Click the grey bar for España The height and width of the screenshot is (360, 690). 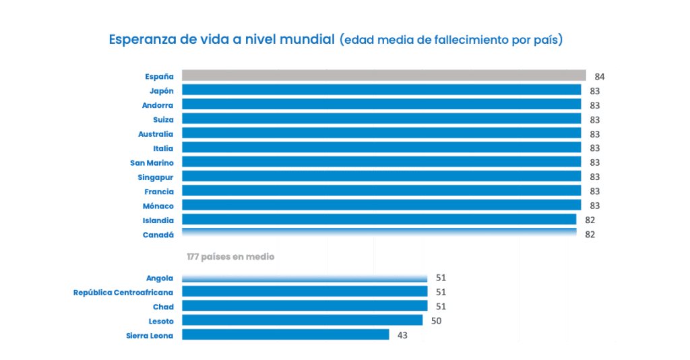point(383,76)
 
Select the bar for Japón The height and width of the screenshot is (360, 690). point(381,90)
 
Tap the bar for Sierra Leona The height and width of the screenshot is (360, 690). point(285,334)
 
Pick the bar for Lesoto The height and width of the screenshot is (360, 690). point(302,320)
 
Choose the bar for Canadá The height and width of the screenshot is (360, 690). point(379,233)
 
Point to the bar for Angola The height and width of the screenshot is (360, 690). point(305,278)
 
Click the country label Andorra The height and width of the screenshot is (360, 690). point(158,105)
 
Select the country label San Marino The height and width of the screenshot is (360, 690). point(152,162)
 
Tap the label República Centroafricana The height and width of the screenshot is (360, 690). point(123,292)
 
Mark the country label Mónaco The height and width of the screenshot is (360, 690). point(158,206)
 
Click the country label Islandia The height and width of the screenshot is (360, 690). point(158,220)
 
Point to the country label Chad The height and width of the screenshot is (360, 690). point(163,306)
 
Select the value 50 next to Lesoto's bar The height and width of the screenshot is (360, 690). point(436,321)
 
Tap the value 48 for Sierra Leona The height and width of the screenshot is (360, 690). point(402,335)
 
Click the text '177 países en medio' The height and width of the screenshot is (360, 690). point(230,257)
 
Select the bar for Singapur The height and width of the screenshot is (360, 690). point(381,177)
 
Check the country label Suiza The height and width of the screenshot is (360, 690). point(163,119)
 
